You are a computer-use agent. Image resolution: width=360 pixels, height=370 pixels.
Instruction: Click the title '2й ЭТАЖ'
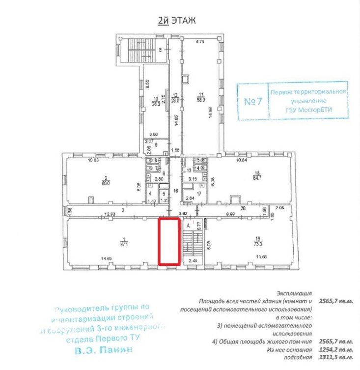[176, 20]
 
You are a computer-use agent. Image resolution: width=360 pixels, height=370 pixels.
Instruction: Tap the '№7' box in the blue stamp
[251, 102]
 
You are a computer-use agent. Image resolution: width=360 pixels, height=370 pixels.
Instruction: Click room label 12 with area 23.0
[174, 97]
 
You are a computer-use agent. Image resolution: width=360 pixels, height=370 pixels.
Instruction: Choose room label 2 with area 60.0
[105, 181]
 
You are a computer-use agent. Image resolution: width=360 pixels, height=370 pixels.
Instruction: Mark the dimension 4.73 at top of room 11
[200, 42]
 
